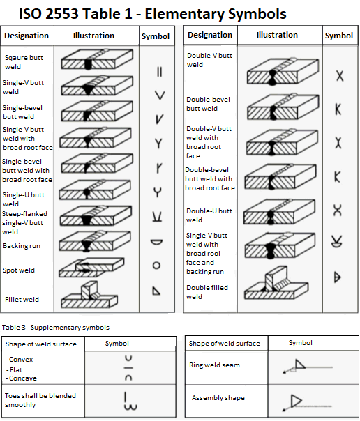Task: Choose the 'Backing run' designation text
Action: pos(21,246)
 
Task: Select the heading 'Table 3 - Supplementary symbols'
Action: pos(56,327)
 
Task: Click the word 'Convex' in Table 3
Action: pos(22,360)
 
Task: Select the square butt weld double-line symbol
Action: pos(159,70)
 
